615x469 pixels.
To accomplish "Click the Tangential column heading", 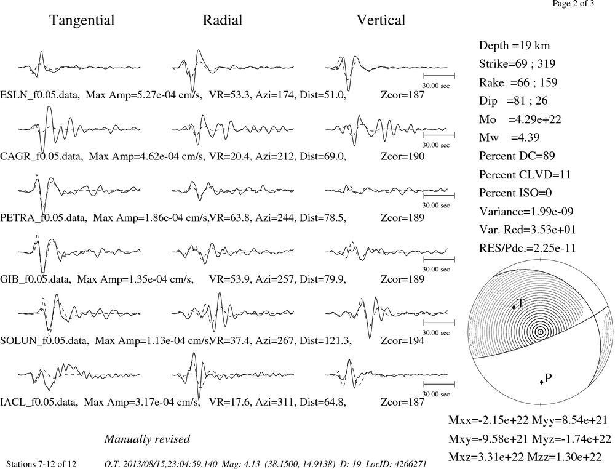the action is click(82, 20).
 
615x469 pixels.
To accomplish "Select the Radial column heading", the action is click(223, 20).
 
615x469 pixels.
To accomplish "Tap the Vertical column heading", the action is click(381, 20).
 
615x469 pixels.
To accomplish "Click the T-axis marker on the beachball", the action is click(514, 307).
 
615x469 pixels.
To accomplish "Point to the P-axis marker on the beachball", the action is click(542, 382).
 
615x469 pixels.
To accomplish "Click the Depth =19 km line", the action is click(514, 46).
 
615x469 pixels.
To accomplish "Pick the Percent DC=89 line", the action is click(517, 156).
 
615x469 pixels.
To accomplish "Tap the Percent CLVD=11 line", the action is click(525, 174).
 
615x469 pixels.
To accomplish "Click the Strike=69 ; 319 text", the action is click(517, 63).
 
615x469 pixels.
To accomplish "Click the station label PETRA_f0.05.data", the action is click(43, 217).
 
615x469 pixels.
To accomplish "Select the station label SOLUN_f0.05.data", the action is click(44, 340).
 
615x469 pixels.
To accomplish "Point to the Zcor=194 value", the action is click(402, 340).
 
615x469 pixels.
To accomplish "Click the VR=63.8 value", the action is click(229, 217).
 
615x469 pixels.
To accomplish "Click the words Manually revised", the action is click(147, 439).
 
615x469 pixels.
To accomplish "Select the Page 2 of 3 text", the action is click(573, 4).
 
